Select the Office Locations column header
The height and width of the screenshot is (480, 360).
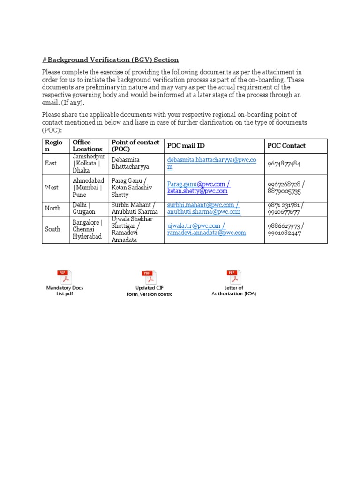coord(87,146)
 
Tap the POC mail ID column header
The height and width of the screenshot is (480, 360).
coord(186,146)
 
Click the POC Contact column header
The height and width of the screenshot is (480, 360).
coord(286,146)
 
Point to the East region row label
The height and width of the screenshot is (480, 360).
coord(51,163)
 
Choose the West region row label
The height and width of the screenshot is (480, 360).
coord(52,187)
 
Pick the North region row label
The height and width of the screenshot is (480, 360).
coord(52,208)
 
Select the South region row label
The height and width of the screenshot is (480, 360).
coord(52,229)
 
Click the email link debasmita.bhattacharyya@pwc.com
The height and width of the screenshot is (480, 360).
coord(211,160)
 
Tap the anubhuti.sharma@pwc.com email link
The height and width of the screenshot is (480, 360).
coord(204,212)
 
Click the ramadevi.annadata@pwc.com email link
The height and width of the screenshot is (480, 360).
coord(206,232)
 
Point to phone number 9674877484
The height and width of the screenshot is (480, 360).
coord(284,164)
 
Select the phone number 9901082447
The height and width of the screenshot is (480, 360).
coord(285,233)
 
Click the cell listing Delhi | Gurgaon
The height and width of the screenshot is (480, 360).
coord(84,208)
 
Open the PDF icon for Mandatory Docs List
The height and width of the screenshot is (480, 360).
coord(64,277)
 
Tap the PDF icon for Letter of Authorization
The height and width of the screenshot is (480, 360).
coord(233,277)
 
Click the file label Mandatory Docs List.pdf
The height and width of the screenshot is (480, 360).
coord(64,291)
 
